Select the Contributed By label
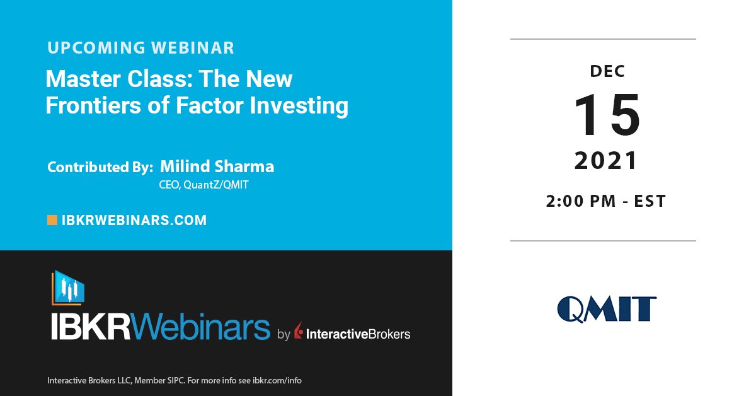(x=100, y=168)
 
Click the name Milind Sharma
(x=217, y=166)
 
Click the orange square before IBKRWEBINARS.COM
(x=52, y=220)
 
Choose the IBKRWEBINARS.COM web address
(x=134, y=220)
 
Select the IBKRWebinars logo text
(x=161, y=328)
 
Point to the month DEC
(x=608, y=71)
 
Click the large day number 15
(x=607, y=116)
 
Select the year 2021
(x=606, y=162)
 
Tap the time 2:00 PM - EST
(x=606, y=201)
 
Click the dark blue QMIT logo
(x=606, y=309)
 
